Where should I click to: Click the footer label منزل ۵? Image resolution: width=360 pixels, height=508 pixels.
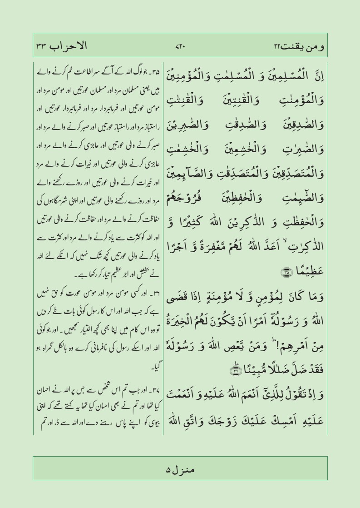[x=180, y=468]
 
